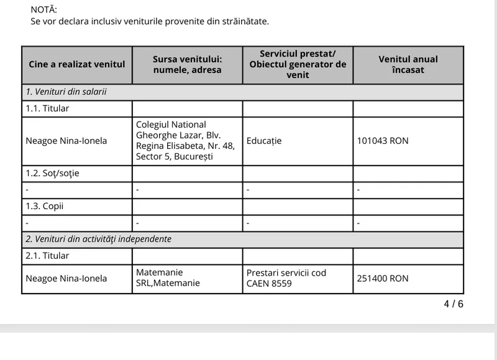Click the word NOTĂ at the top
pyautogui.click(x=43, y=9)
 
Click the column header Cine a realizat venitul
pyautogui.click(x=76, y=65)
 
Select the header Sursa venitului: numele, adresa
pyautogui.click(x=187, y=65)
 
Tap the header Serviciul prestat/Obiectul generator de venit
pyautogui.click(x=298, y=65)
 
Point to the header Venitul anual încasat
pyautogui.click(x=408, y=65)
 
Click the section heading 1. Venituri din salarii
pyautogui.click(x=66, y=92)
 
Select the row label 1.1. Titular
pyautogui.click(x=47, y=109)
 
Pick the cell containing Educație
pyautogui.click(x=264, y=141)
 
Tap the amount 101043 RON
pyautogui.click(x=383, y=141)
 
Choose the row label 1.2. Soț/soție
pyautogui.click(x=52, y=173)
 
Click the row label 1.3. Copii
pyautogui.click(x=45, y=206)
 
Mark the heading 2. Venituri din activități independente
pyautogui.click(x=98, y=239)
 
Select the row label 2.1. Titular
pyautogui.click(x=47, y=256)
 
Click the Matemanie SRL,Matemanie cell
pyautogui.click(x=168, y=278)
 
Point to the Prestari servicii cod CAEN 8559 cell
pyautogui.click(x=286, y=278)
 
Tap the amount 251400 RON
pyautogui.click(x=383, y=279)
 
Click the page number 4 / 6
pyautogui.click(x=453, y=304)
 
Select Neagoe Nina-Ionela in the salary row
pyautogui.click(x=66, y=141)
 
